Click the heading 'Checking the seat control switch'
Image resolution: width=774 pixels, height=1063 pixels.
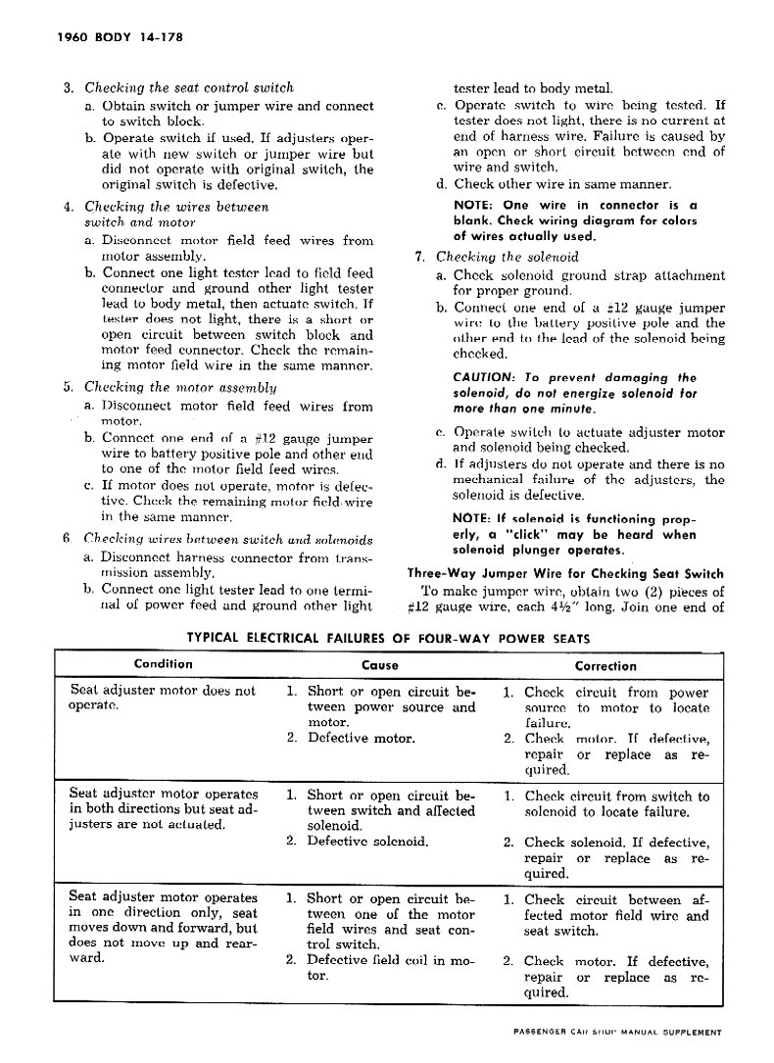coord(189,88)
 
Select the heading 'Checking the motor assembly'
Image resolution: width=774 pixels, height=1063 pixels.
coord(179,387)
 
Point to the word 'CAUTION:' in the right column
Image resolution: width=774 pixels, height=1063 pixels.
coord(485,377)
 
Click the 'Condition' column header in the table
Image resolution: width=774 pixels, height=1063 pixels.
coord(164,664)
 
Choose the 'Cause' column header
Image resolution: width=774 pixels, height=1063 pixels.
coord(380,665)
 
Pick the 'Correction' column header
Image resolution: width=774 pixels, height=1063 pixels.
coord(605,665)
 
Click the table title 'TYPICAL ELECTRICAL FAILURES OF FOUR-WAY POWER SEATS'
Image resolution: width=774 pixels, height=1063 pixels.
coord(388,637)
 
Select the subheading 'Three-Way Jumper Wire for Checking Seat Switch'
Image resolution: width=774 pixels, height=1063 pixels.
coord(565,574)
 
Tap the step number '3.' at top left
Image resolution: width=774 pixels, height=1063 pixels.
coord(69,88)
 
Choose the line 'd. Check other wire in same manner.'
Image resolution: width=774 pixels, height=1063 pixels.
coord(554,183)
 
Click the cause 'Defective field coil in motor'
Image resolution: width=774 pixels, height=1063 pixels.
coord(380,969)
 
